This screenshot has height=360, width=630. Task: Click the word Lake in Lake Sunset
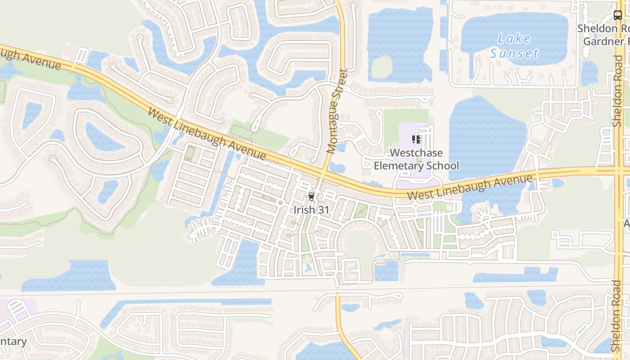514,39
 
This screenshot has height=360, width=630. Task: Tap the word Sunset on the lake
514,54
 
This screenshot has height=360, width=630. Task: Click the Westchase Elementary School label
416,159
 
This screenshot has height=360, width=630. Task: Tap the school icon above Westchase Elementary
416,140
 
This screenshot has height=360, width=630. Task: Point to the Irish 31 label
311,210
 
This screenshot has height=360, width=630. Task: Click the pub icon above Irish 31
311,196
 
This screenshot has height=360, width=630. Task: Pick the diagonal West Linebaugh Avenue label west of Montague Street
207,134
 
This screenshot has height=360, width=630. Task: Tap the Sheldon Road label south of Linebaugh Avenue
617,316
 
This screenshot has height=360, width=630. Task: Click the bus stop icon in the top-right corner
618,15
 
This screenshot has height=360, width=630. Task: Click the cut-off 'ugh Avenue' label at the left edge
30,58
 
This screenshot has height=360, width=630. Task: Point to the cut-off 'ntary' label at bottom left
13,341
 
